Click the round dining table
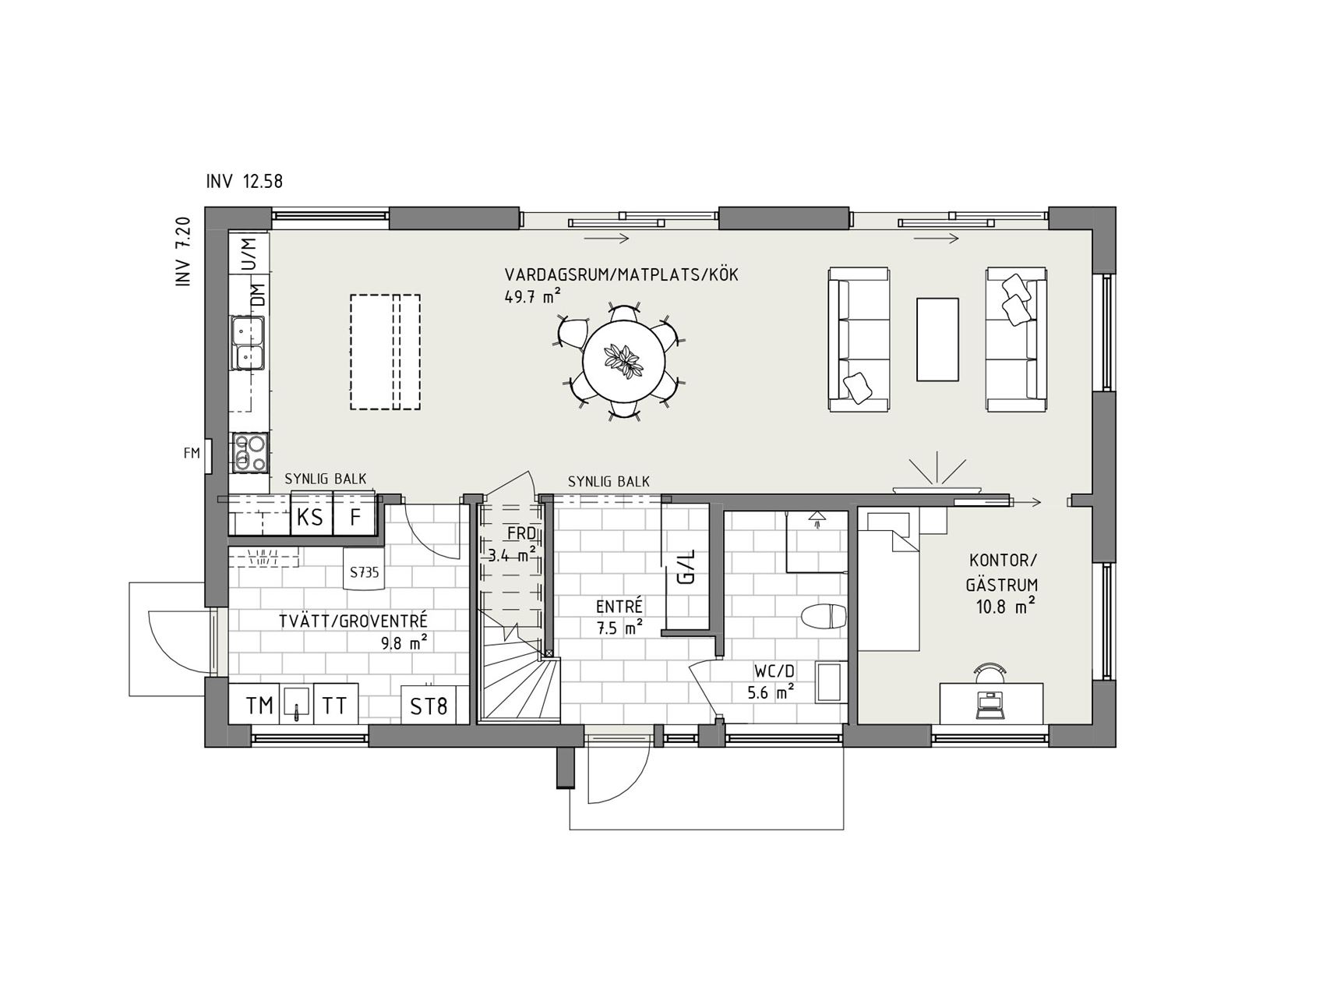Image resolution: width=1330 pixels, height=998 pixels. click(x=624, y=361)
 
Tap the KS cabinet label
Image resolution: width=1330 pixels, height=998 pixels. click(x=310, y=517)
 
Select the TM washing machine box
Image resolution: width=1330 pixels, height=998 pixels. click(x=260, y=706)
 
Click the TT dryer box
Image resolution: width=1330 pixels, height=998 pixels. click(x=335, y=706)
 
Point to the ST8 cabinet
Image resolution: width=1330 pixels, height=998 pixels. click(x=429, y=706)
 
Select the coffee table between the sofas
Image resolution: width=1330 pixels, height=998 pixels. click(x=937, y=338)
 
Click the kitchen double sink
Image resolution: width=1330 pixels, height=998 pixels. click(x=249, y=343)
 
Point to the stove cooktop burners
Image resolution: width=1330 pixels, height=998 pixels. click(x=250, y=453)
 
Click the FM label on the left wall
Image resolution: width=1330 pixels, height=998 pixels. click(x=192, y=453)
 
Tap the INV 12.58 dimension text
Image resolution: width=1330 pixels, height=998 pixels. click(x=245, y=182)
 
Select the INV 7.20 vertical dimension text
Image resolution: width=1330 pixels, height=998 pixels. click(x=183, y=252)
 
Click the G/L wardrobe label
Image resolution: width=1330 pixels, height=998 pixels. click(x=686, y=567)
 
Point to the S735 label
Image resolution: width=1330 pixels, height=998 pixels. click(x=364, y=572)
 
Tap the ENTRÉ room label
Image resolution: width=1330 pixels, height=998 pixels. click(x=619, y=606)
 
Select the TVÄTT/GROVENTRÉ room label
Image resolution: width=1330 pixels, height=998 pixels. click(x=354, y=621)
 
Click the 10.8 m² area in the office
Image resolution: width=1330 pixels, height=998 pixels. click(x=1004, y=606)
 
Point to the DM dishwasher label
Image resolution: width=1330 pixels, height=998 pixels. click(x=256, y=296)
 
